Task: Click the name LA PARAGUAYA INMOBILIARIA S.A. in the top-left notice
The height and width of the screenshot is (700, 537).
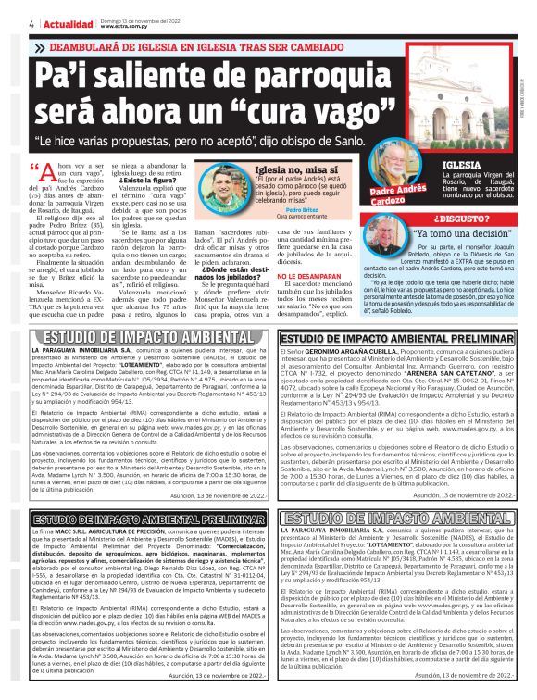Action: click(84, 351)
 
